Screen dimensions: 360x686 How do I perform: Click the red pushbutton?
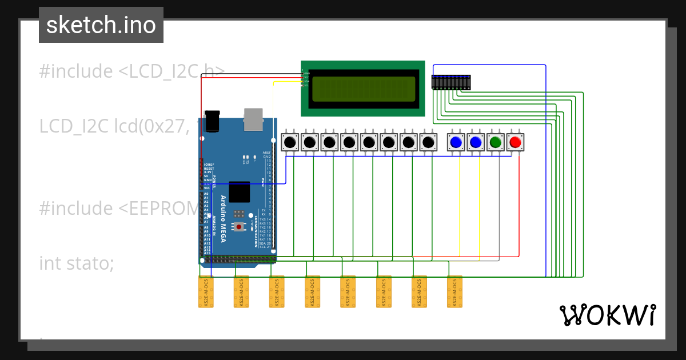click(515, 142)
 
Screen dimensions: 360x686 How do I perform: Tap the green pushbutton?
click(496, 142)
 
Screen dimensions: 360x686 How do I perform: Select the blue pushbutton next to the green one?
click(476, 142)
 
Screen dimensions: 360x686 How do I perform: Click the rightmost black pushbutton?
click(428, 142)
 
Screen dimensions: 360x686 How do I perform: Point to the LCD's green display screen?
click(363, 89)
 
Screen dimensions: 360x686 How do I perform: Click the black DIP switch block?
click(451, 82)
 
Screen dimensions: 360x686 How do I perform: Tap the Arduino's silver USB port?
click(253, 119)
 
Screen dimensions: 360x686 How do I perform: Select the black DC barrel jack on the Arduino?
click(213, 121)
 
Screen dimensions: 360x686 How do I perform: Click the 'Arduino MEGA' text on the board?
click(224, 218)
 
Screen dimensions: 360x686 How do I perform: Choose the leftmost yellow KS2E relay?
click(206, 292)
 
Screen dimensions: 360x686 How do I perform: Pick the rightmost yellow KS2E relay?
click(454, 292)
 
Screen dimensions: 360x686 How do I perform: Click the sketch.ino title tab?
click(101, 25)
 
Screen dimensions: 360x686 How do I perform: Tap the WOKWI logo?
click(607, 315)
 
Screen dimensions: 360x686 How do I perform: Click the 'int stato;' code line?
click(77, 263)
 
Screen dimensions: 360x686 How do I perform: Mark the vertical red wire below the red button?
click(519, 206)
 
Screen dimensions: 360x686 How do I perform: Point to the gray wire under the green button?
click(499, 206)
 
